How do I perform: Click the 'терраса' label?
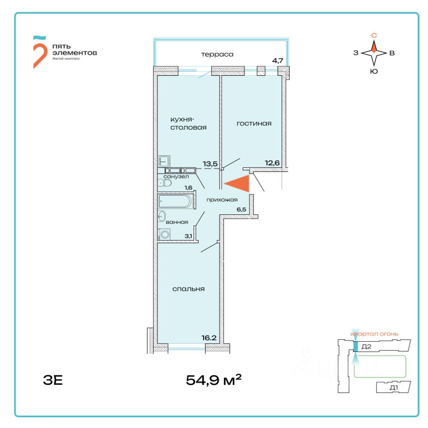217,54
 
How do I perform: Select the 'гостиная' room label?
254,123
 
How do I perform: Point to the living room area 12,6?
272,163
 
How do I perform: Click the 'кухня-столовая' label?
189,123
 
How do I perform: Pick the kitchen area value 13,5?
210,164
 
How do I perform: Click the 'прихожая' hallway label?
222,200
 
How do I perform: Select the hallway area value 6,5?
242,208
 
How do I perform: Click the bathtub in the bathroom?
175,202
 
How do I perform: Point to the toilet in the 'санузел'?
165,182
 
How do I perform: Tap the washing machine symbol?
165,235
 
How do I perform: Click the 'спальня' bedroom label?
189,289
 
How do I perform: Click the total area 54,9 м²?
214,380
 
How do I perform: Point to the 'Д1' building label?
393,388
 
